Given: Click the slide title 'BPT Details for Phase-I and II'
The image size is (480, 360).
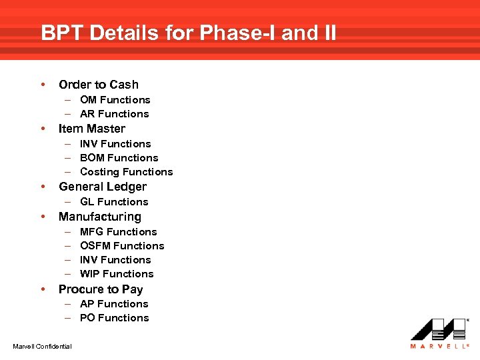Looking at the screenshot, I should tap(189, 33).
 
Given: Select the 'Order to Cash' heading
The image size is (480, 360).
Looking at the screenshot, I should tap(99, 85).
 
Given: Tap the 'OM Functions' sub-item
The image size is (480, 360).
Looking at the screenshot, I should tap(115, 100).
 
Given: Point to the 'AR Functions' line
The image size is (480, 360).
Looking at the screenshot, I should tap(114, 114).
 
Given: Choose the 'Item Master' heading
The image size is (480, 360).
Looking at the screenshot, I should tap(92, 129).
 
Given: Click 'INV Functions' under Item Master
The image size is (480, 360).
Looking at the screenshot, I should tap(115, 144).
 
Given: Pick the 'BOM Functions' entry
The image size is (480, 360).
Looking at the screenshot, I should tap(119, 158).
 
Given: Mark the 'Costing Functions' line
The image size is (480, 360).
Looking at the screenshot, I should tap(126, 172).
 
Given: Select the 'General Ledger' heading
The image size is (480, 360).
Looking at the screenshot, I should tap(103, 187).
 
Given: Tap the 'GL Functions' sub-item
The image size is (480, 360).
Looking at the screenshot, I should tap(114, 202).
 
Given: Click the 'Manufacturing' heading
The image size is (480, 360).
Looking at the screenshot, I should tap(100, 217).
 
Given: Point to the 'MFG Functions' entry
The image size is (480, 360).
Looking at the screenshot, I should tap(118, 232).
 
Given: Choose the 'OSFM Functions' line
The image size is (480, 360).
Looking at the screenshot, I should tap(122, 246).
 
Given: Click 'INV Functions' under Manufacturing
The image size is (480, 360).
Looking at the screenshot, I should tap(115, 260).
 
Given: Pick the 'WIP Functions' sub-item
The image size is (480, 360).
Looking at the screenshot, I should tap(117, 274).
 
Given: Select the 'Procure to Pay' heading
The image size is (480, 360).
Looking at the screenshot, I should tap(101, 289).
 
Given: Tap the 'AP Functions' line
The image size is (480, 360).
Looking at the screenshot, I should tap(114, 304).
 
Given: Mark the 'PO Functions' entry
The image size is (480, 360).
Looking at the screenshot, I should tap(114, 318).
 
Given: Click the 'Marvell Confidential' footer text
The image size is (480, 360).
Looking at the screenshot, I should tap(42, 345).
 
